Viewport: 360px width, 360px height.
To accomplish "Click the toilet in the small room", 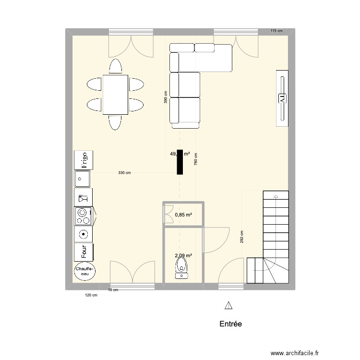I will click(x=181, y=268).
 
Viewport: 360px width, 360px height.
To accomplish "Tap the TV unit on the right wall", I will click(x=282, y=98).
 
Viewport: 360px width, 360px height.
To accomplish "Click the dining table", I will click(x=115, y=95).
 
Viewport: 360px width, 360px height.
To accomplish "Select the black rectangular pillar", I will click(x=180, y=162).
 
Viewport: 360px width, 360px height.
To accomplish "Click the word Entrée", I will click(x=230, y=324).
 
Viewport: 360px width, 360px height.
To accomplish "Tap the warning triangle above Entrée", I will click(x=228, y=305).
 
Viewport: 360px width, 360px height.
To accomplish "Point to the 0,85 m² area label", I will click(x=183, y=215).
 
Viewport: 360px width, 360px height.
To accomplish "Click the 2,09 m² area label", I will click(x=183, y=256).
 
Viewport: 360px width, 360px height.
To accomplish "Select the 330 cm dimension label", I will click(x=124, y=173).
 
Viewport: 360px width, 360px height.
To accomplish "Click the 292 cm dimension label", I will click(x=242, y=237).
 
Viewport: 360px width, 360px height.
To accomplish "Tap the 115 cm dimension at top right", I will click(x=276, y=31).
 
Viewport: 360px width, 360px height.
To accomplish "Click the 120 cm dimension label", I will click(x=91, y=295).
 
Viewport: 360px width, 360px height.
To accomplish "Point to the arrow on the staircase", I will click(x=276, y=196).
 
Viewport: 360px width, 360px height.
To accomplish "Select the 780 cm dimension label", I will click(x=196, y=159).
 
